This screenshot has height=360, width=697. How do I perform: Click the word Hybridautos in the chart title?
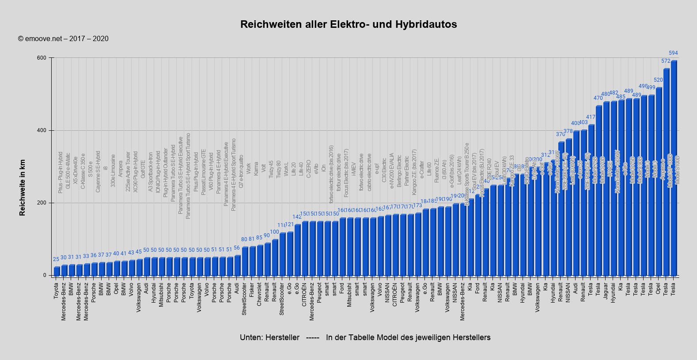tap(426, 24)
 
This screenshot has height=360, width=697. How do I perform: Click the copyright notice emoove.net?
tap(63, 39)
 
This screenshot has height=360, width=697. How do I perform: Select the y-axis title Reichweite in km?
tap(23, 188)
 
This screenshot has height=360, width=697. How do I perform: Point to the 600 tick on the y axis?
tap(42, 58)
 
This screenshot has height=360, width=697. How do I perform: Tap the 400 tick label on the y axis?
tap(42, 130)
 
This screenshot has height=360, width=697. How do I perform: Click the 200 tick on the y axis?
tap(42, 203)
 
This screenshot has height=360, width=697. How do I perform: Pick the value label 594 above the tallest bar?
tap(673, 53)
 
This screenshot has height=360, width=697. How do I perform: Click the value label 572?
tap(666, 61)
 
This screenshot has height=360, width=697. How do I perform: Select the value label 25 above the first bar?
tap(56, 259)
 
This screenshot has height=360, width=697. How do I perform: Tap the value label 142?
tap(297, 217)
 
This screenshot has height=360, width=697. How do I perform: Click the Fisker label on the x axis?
tap(252, 290)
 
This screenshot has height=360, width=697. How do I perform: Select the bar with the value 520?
tap(659, 181)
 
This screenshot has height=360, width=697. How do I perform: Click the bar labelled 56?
tap(237, 265)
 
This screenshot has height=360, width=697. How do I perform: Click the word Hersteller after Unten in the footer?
tap(282, 337)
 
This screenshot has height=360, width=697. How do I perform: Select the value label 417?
tap(591, 117)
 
